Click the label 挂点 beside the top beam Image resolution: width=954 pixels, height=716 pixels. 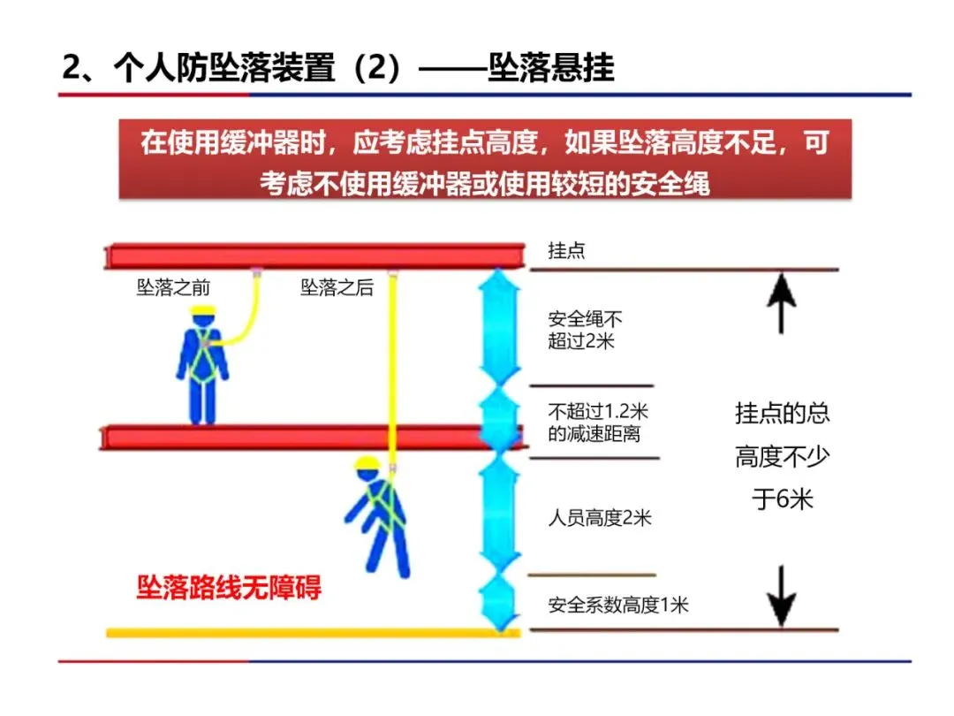(566, 251)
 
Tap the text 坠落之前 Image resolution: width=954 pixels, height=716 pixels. (173, 288)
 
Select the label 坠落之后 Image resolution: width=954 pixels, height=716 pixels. (337, 288)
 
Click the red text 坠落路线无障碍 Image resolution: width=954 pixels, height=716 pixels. (229, 588)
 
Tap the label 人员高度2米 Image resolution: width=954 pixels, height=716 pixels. (600, 518)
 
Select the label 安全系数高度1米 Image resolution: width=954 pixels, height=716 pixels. (617, 606)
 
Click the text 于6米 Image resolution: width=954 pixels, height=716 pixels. (782, 499)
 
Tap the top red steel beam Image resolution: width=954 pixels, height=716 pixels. (314, 256)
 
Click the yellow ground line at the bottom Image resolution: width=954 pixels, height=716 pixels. (309, 633)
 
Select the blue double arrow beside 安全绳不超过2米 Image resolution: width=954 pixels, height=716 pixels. (500, 327)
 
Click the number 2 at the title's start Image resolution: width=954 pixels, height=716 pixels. (72, 68)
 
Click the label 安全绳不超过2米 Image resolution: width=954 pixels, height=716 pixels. (584, 330)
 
